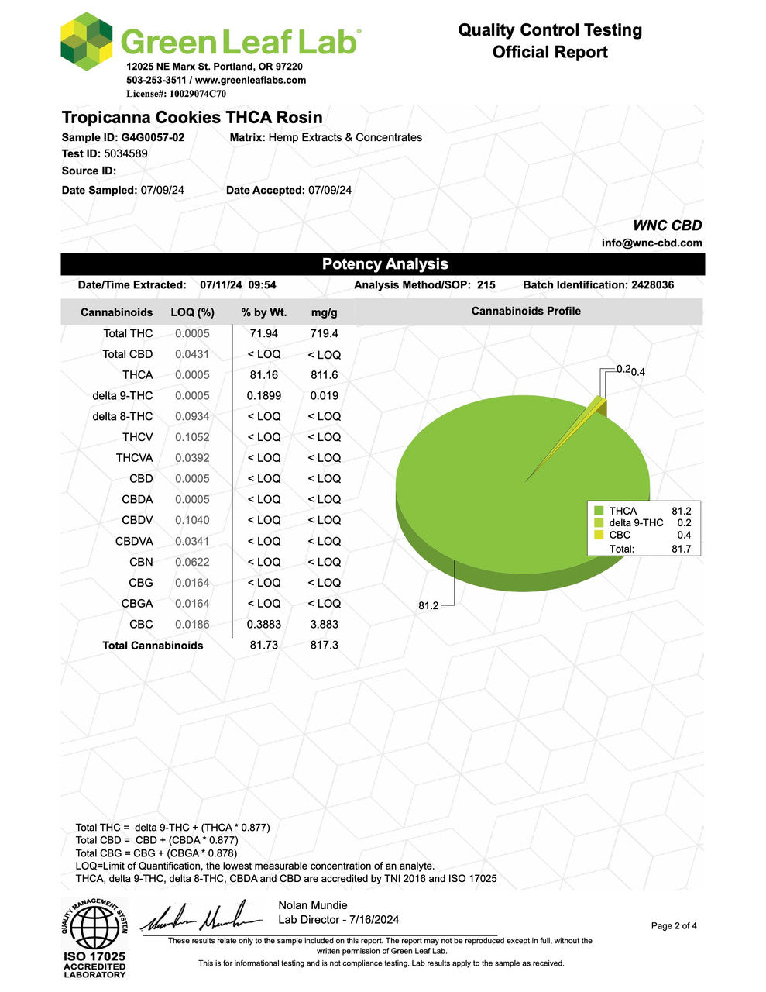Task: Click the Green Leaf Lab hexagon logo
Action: click(86, 41)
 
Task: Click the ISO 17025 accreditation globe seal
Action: click(94, 928)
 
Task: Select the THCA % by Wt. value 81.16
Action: click(263, 375)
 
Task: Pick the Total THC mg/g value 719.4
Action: click(324, 333)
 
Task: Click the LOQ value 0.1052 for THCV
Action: click(192, 437)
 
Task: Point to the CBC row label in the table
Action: click(141, 624)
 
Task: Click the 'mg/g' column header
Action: click(324, 312)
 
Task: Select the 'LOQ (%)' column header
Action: click(192, 312)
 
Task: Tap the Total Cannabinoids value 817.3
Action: click(324, 645)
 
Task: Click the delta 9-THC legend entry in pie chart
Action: click(636, 523)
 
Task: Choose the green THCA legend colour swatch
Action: click(599, 511)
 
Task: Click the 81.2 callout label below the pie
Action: click(428, 605)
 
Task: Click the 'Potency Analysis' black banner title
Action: click(385, 264)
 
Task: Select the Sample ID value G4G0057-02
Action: click(153, 137)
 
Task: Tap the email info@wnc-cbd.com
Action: click(651, 243)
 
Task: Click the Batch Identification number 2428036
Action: click(652, 285)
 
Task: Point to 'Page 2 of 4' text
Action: click(674, 925)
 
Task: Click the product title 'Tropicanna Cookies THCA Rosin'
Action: click(192, 118)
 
